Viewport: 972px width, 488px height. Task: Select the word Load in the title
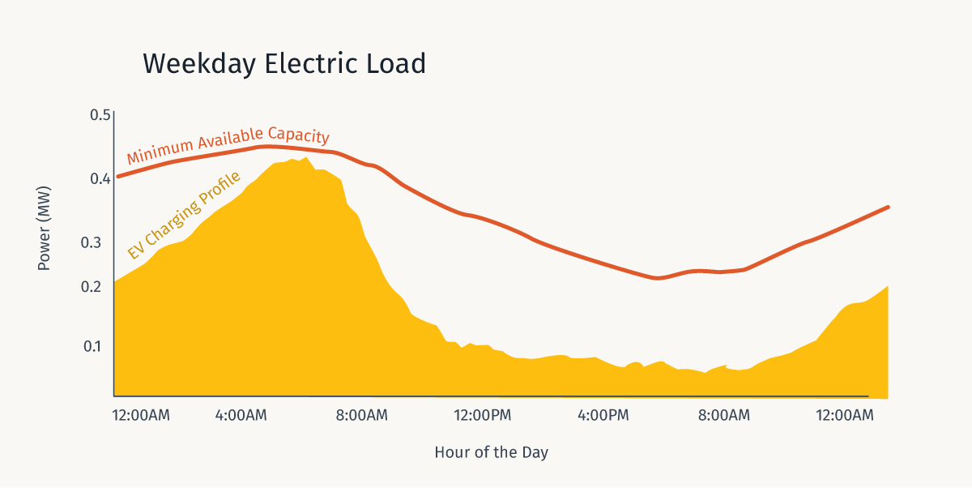[398, 64]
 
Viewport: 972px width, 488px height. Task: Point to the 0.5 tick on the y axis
[100, 115]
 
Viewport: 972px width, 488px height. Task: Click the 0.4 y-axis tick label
[100, 178]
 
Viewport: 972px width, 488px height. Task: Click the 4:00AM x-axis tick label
[241, 416]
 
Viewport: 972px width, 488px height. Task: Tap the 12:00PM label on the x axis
[483, 416]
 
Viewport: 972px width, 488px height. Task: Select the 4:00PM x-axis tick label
[603, 416]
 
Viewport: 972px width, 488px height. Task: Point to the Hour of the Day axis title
[491, 452]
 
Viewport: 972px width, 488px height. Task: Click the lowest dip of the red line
[658, 278]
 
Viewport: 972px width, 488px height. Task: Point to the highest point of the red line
[267, 147]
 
